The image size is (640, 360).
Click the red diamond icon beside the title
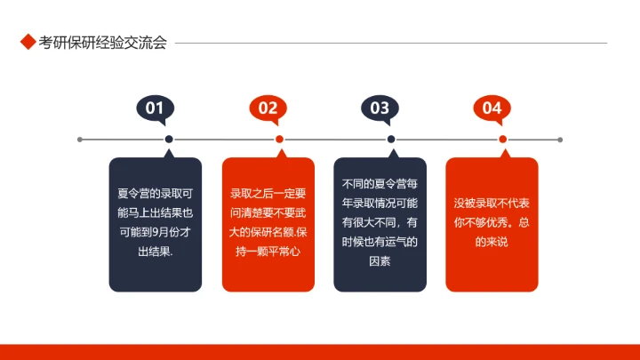click(x=27, y=43)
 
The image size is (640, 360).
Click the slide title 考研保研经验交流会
click(x=102, y=43)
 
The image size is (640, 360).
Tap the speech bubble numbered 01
click(x=155, y=108)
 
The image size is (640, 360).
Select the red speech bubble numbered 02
click(x=268, y=108)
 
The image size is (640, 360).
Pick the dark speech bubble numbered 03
click(x=380, y=108)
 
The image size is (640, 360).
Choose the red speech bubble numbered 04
click(x=492, y=108)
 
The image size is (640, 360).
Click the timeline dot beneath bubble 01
click(x=168, y=140)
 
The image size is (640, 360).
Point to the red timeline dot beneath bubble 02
click(x=279, y=140)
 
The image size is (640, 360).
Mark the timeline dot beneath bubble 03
click(x=391, y=140)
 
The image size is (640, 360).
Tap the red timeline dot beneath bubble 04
click(x=503, y=140)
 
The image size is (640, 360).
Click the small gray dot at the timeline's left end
click(x=80, y=140)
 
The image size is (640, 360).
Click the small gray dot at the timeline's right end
click(x=560, y=140)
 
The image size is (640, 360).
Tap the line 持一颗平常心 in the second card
click(x=268, y=252)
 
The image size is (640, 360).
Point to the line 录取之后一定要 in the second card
click(x=268, y=193)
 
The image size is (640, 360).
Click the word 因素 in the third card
click(x=380, y=261)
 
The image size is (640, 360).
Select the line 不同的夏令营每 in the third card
click(x=380, y=184)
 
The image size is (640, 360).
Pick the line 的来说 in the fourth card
click(x=492, y=242)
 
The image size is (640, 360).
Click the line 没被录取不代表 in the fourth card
click(x=492, y=203)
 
